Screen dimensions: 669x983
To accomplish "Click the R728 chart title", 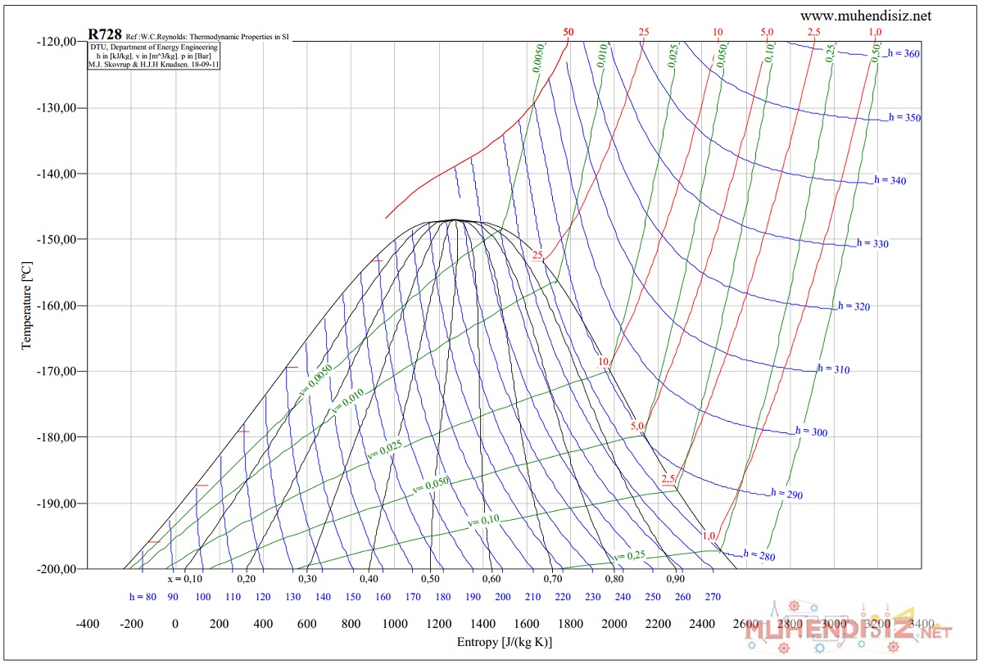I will click(x=105, y=34).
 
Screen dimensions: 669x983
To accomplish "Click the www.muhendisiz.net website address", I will click(x=866, y=16).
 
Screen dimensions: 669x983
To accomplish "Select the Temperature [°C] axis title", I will click(x=27, y=305).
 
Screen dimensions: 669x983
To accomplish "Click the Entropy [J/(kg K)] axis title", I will click(x=504, y=642).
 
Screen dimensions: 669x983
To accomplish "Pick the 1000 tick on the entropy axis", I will click(x=395, y=624).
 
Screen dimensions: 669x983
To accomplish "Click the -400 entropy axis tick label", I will click(x=88, y=624).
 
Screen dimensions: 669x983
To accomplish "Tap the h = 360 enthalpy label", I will click(x=904, y=53).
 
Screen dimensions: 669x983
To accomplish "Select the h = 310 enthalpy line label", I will click(x=833, y=369).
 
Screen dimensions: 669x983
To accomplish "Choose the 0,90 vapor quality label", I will click(x=675, y=579).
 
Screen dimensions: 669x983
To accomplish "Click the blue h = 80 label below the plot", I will click(x=143, y=597).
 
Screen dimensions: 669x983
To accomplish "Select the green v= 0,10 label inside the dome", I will click(x=483, y=521).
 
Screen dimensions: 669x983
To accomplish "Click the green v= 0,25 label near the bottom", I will click(x=629, y=556).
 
